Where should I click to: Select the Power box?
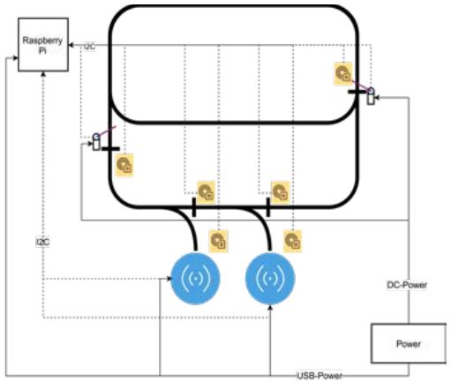408,342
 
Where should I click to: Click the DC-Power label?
408,285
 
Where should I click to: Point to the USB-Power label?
319,375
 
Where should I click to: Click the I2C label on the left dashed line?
42,239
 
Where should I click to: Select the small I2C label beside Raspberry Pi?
89,46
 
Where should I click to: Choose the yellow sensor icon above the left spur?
206,189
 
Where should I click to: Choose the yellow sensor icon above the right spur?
280,189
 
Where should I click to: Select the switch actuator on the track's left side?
98,140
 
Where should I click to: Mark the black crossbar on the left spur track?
194,207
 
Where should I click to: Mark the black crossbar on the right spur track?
268,207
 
